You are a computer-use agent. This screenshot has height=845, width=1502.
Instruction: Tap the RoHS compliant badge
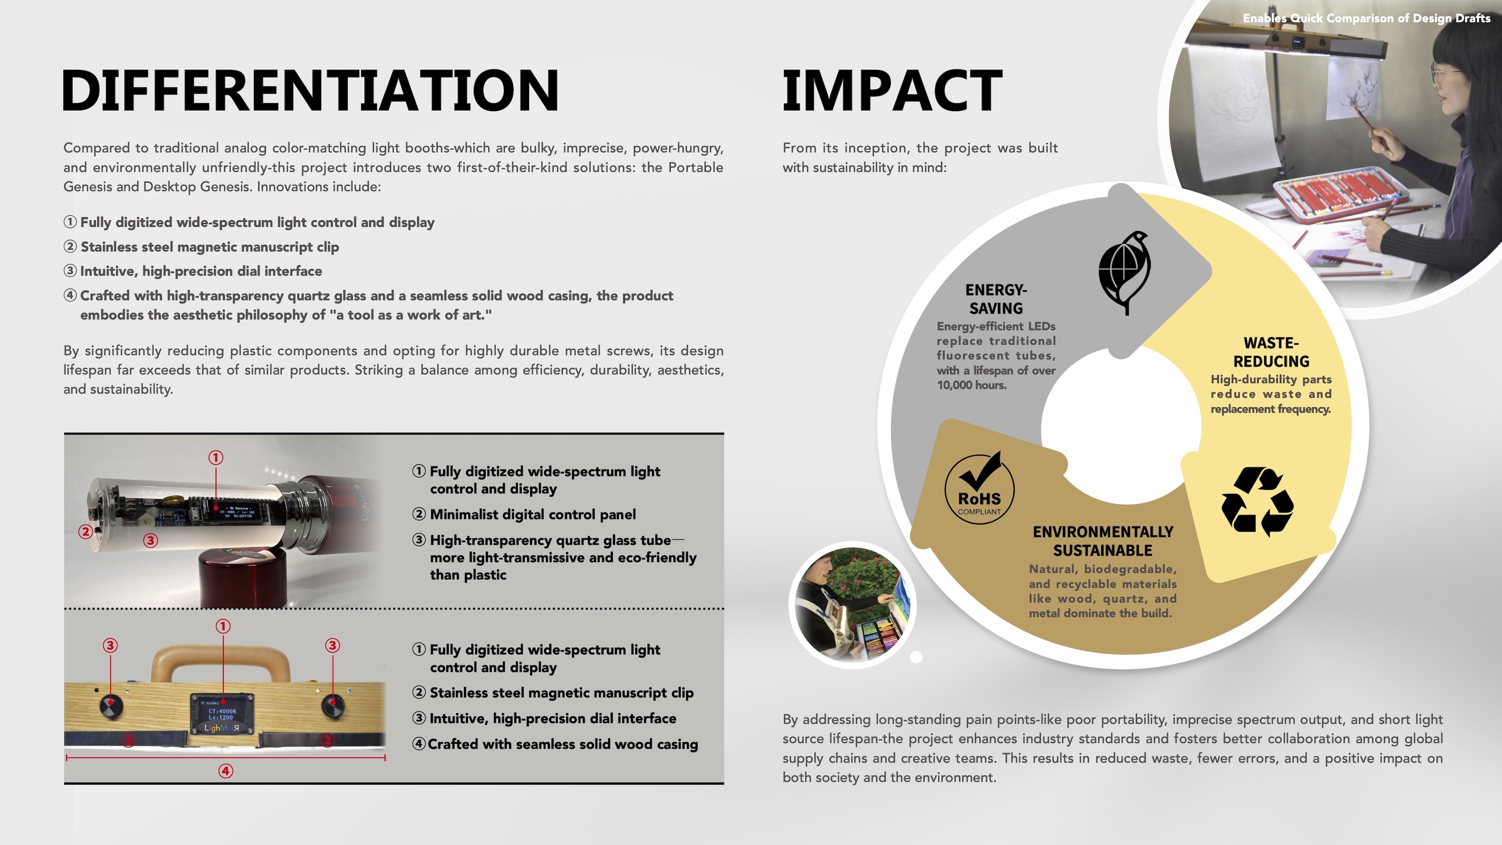tap(979, 487)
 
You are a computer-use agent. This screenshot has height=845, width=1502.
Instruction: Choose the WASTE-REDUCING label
tap(1271, 352)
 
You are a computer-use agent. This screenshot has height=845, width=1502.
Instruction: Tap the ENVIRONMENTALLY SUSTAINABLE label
tap(1103, 541)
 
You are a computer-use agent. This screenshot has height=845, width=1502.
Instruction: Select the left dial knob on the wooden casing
tap(111, 706)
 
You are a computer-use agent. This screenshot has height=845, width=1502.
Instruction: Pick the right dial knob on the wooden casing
tap(333, 706)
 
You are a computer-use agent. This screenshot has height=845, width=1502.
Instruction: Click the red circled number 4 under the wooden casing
tap(226, 771)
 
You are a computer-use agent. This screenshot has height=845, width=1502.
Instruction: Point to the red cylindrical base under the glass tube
tap(243, 577)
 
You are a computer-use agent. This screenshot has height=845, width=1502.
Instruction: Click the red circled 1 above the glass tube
tap(216, 458)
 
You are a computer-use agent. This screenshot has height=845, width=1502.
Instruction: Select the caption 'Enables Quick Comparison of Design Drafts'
tap(1366, 18)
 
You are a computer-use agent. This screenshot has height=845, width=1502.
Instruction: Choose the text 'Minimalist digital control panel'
tap(533, 514)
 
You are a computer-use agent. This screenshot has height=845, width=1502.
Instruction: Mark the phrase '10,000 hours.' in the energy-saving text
tap(971, 385)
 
